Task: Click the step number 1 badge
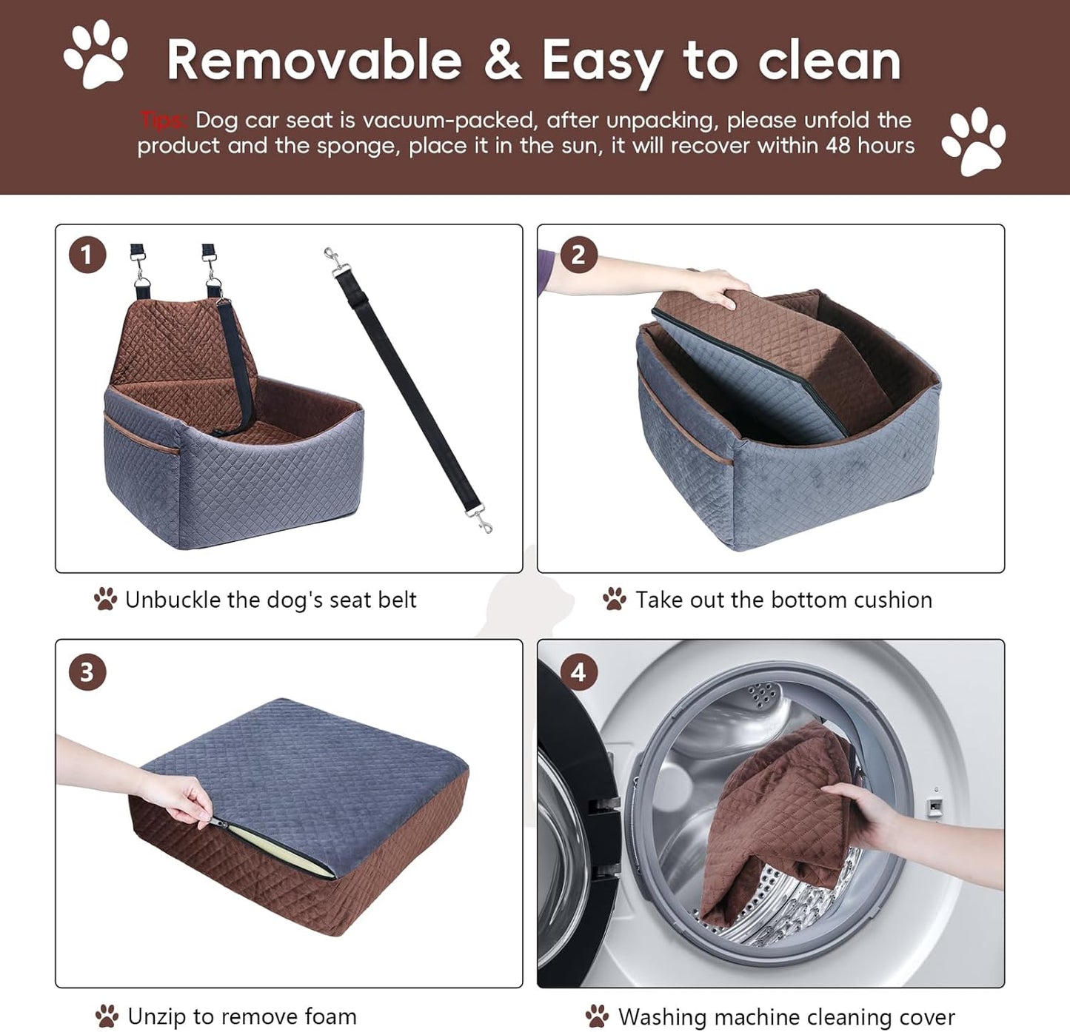pyautogui.click(x=87, y=255)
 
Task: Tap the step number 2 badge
pyautogui.click(x=578, y=255)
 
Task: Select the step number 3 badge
pyautogui.click(x=87, y=672)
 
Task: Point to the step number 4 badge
pyautogui.click(x=578, y=672)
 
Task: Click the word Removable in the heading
pyautogui.click(x=314, y=61)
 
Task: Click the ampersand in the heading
pyautogui.click(x=502, y=61)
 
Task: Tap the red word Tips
pyautogui.click(x=162, y=120)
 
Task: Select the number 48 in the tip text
pyautogui.click(x=837, y=145)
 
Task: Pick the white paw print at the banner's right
pyautogui.click(x=974, y=141)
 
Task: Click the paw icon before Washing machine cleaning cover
pyautogui.click(x=597, y=1016)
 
